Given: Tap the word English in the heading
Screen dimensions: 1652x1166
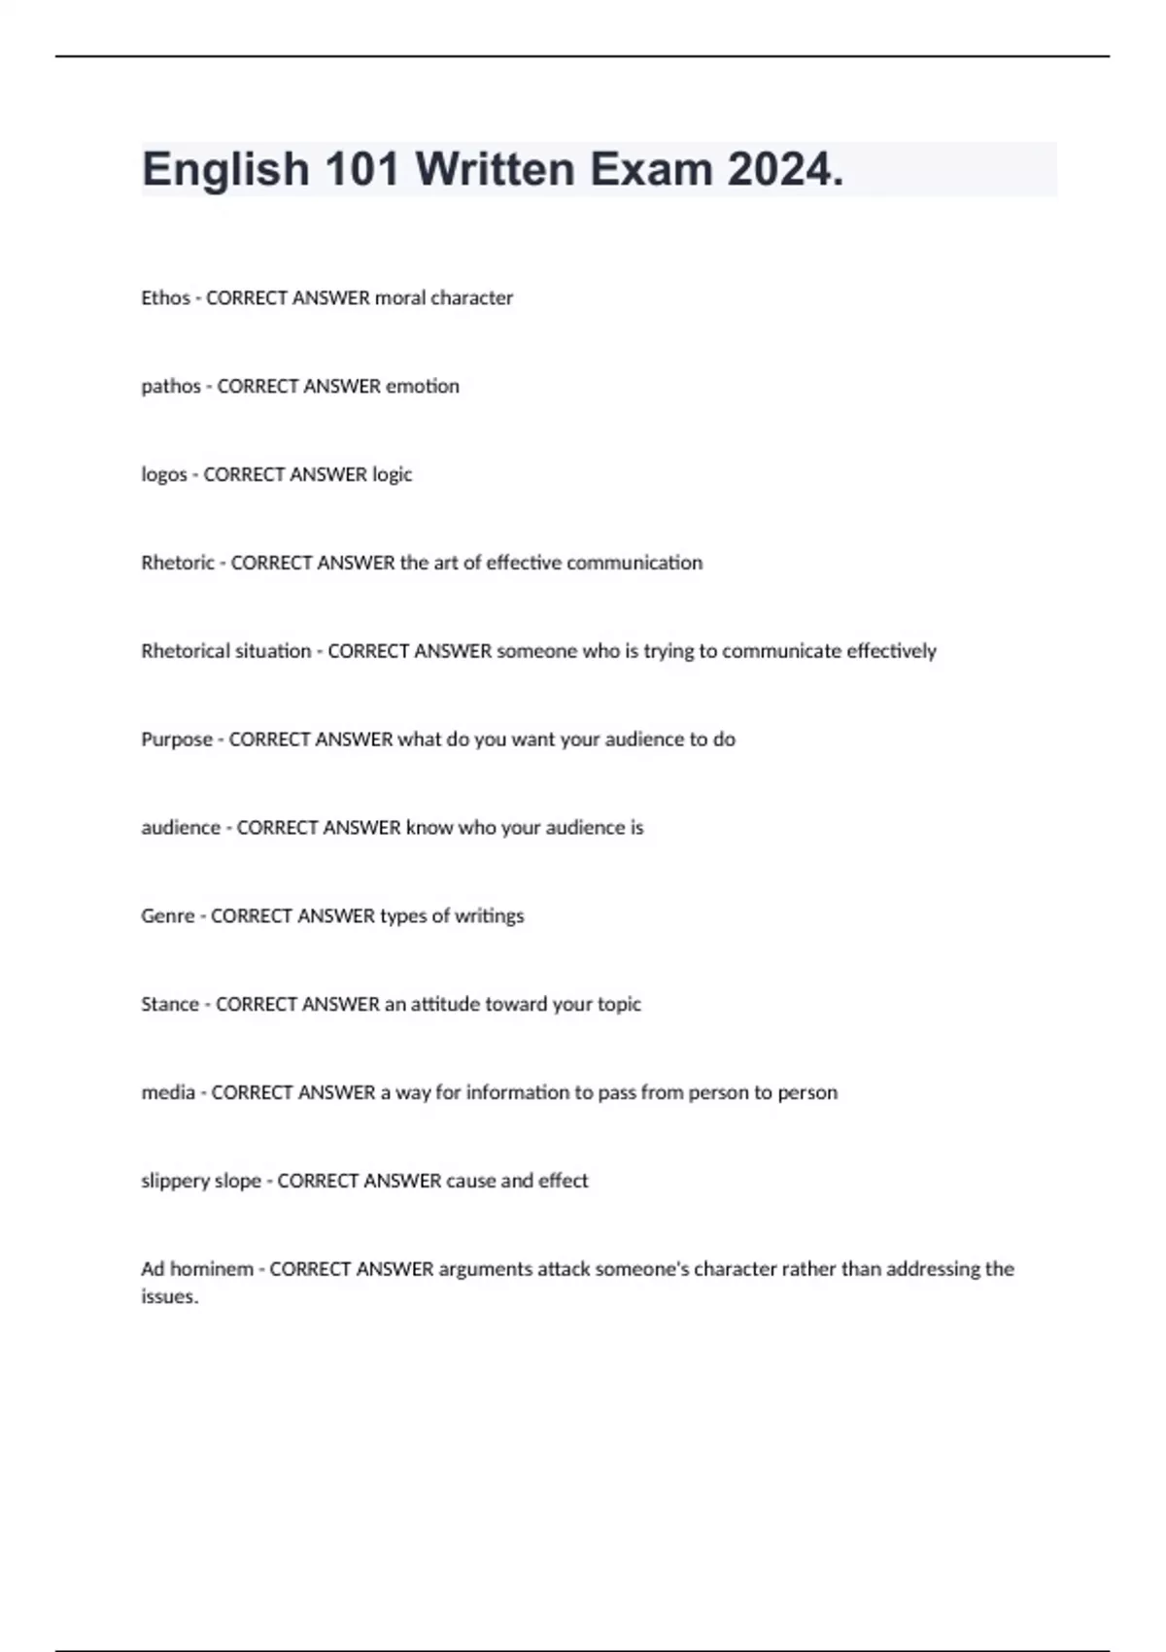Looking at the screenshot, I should pyautogui.click(x=225, y=170).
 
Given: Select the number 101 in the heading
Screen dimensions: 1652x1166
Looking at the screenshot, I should pyautogui.click(x=362, y=170).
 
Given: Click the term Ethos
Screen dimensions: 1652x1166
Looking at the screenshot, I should pyautogui.click(x=165, y=297).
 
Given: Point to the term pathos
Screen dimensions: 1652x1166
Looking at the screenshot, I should pyautogui.click(x=171, y=386).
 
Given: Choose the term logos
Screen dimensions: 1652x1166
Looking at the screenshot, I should pyautogui.click(x=164, y=474).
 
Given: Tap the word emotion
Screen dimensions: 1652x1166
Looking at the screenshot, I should pyautogui.click(x=423, y=386).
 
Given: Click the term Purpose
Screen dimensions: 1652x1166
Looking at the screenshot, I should pyautogui.click(x=177, y=739).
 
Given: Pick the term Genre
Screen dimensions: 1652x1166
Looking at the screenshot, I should pyautogui.click(x=168, y=915).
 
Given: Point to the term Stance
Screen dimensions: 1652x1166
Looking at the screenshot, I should pyautogui.click(x=170, y=1004).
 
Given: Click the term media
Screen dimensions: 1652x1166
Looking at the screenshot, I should pyautogui.click(x=168, y=1092).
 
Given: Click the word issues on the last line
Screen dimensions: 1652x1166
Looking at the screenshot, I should pyautogui.click(x=169, y=1296).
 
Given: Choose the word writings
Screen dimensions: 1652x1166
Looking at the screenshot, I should pyautogui.click(x=490, y=915).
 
